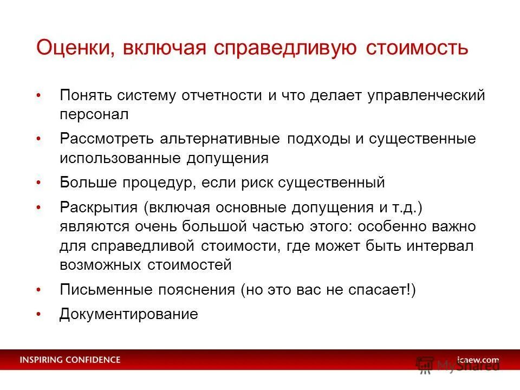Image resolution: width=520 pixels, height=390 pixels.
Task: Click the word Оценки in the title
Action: (x=73, y=48)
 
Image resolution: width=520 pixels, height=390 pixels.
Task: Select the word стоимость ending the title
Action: (x=417, y=48)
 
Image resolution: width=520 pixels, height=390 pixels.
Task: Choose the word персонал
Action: (x=94, y=115)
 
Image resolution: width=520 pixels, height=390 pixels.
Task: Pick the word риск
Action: (x=258, y=183)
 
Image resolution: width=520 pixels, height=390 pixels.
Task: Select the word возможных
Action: (x=101, y=265)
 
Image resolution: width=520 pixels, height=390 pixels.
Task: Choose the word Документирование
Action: (x=129, y=314)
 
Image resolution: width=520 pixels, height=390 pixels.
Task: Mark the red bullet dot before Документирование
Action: (x=38, y=314)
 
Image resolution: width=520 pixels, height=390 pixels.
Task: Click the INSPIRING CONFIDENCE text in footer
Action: (x=70, y=360)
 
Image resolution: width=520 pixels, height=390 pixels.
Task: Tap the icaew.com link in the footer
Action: (x=477, y=360)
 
